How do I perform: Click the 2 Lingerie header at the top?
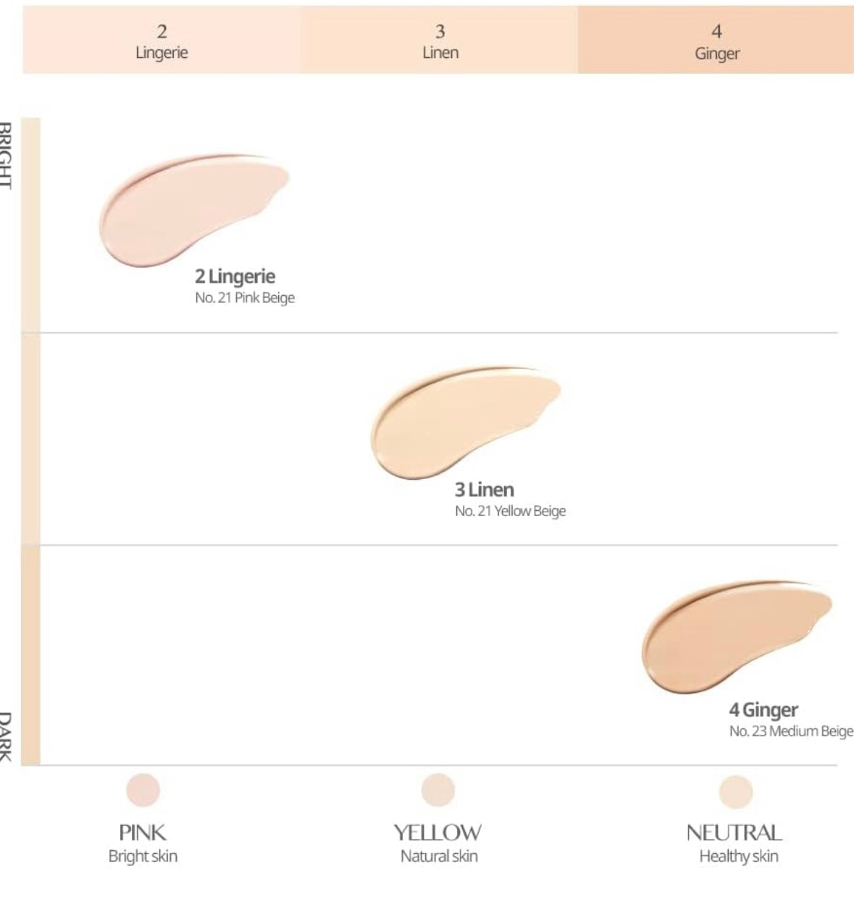[162, 41]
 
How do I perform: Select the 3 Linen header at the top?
[440, 41]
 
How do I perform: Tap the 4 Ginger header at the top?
[716, 41]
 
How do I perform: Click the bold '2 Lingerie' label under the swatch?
[235, 276]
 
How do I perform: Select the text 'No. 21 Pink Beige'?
[245, 298]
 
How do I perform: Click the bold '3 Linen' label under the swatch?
[484, 489]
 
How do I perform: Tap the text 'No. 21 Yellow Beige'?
[510, 511]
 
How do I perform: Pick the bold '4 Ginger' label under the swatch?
[763, 710]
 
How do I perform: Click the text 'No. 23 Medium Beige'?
[790, 731]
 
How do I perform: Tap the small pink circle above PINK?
[143, 790]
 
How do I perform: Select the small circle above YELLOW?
[438, 790]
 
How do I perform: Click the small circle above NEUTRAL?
[736, 792]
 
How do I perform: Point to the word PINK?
[143, 833]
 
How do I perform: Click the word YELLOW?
[438, 833]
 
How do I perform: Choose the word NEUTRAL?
[734, 833]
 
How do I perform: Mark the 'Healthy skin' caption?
[738, 856]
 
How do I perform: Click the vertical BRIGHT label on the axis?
[6, 155]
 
